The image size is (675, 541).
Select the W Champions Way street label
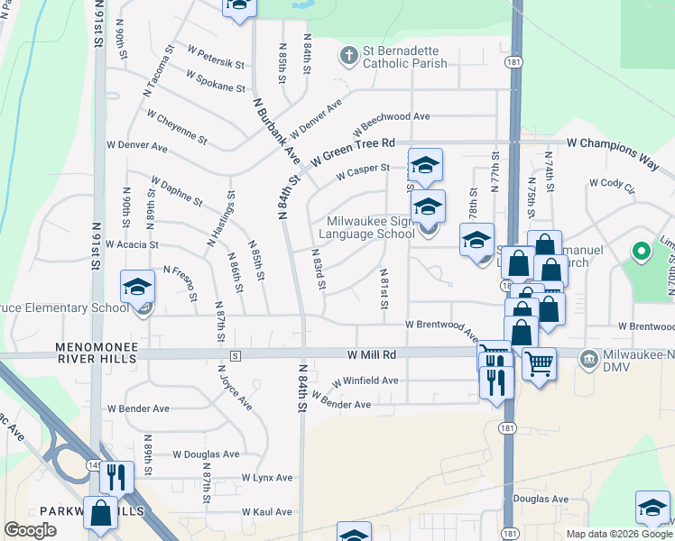coord(613,142)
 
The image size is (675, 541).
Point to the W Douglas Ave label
coord(206,454)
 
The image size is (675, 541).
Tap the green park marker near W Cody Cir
coord(642,252)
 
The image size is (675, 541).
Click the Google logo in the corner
coord(30,530)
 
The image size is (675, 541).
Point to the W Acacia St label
coord(132,243)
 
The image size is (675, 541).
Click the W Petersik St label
coord(216,57)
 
